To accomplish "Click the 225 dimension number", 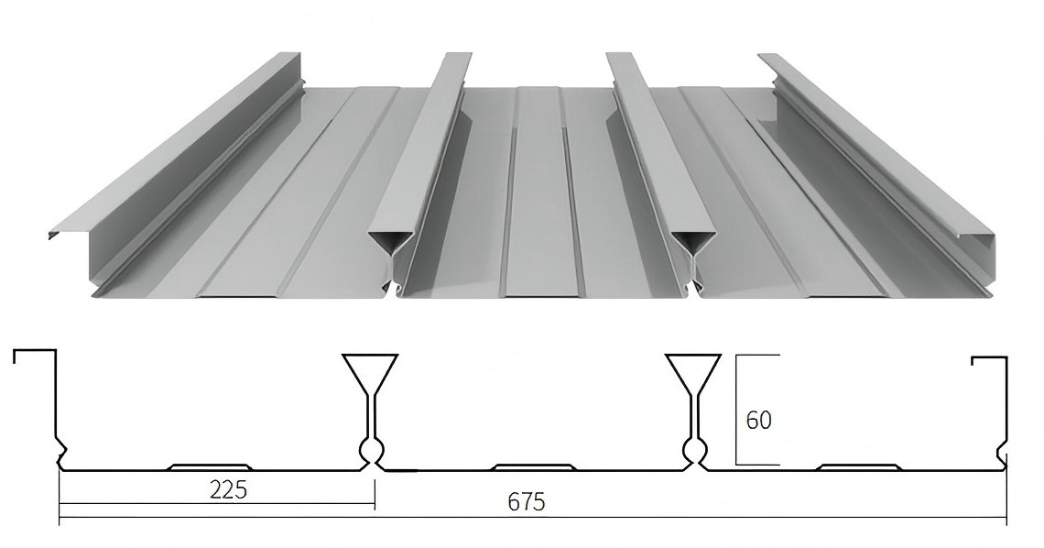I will point(227,489).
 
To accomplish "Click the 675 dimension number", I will point(527,502).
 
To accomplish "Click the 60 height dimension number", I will point(759,421).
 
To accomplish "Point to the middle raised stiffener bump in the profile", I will point(534,466).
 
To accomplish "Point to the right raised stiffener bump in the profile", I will point(859,466).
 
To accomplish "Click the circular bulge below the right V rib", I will point(696,450).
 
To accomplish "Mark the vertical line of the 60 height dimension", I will point(737,410).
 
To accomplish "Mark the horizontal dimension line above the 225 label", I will point(216,506).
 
